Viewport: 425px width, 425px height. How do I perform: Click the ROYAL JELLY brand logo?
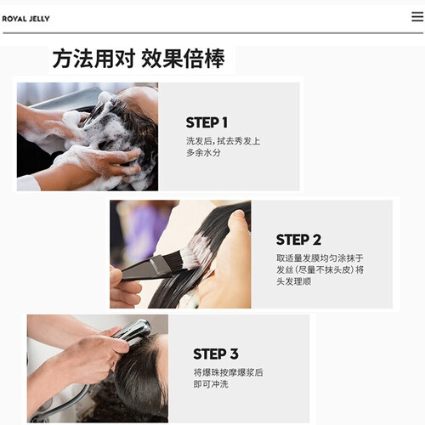pyautogui.click(x=25, y=19)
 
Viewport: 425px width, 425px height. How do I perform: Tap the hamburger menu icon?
pyautogui.click(x=417, y=17)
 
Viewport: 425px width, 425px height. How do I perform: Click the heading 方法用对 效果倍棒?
pyautogui.click(x=139, y=59)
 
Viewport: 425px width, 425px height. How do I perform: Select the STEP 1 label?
pyautogui.click(x=207, y=122)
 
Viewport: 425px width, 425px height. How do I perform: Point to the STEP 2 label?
pyautogui.click(x=298, y=240)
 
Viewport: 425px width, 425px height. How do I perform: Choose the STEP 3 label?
pyautogui.click(x=216, y=354)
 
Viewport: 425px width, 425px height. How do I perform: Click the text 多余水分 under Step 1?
pyautogui.click(x=203, y=153)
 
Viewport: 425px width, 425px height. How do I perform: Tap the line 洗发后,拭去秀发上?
pyautogui.click(x=223, y=141)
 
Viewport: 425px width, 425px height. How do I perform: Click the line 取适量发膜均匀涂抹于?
pyautogui.click(x=320, y=258)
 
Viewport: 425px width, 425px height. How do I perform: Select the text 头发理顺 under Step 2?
pyautogui.click(x=294, y=281)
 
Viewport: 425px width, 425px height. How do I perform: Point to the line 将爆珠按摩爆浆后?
pyautogui.click(x=229, y=372)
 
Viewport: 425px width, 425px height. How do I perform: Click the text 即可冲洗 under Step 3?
pyautogui.click(x=211, y=384)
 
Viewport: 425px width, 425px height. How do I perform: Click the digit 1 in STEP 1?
pyautogui.click(x=224, y=122)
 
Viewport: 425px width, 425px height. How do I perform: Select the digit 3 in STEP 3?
pyautogui.click(x=234, y=354)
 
